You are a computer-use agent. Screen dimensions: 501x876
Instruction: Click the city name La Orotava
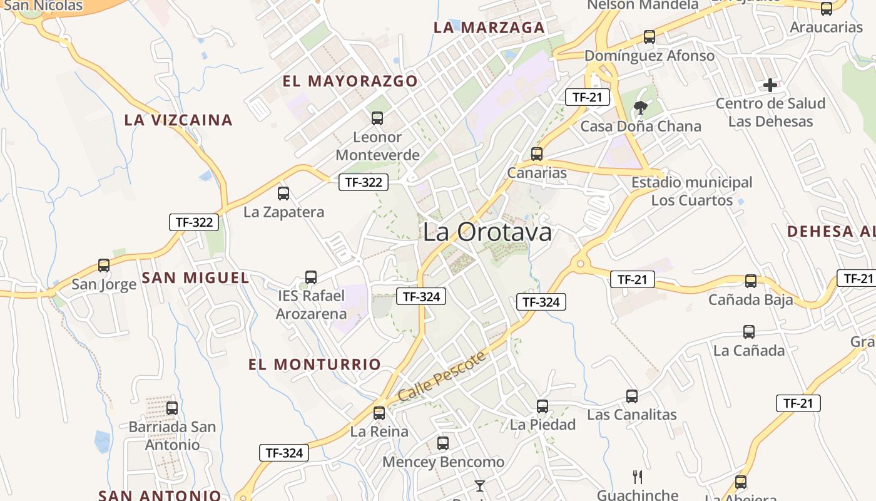pyautogui.click(x=487, y=232)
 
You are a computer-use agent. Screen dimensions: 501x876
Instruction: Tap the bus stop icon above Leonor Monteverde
pyautogui.click(x=377, y=118)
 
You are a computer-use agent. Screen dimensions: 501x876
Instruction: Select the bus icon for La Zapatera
pyautogui.click(x=283, y=194)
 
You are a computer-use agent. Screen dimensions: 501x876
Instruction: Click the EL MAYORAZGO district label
pyautogui.click(x=350, y=81)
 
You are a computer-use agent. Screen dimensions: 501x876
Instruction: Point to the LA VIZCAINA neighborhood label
pyautogui.click(x=178, y=120)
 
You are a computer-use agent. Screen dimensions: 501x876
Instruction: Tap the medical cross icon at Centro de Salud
pyautogui.click(x=770, y=85)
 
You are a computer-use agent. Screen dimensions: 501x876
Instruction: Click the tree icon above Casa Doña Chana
pyautogui.click(x=640, y=108)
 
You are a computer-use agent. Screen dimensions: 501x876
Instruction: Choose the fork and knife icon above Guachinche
pyautogui.click(x=638, y=477)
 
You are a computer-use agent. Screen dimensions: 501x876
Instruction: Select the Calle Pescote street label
pyautogui.click(x=442, y=377)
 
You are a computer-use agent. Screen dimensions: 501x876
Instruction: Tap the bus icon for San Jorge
pyautogui.click(x=104, y=266)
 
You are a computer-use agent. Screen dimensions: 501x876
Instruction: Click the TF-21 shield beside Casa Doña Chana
pyautogui.click(x=587, y=97)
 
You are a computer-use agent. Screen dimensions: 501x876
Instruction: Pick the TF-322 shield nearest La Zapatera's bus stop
pyautogui.click(x=364, y=182)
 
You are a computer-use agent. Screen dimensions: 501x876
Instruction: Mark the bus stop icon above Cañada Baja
pyautogui.click(x=751, y=281)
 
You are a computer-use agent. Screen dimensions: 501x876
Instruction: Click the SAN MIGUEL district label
pyautogui.click(x=195, y=277)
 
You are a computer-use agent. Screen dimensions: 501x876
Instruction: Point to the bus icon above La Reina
pyautogui.click(x=379, y=413)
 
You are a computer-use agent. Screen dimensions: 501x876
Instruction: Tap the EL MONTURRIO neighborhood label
pyautogui.click(x=315, y=364)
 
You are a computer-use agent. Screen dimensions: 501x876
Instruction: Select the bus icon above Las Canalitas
pyautogui.click(x=632, y=396)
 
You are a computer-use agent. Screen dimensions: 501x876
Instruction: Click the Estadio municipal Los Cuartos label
pyautogui.click(x=691, y=191)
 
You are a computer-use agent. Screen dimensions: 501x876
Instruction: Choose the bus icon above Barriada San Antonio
pyautogui.click(x=172, y=408)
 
